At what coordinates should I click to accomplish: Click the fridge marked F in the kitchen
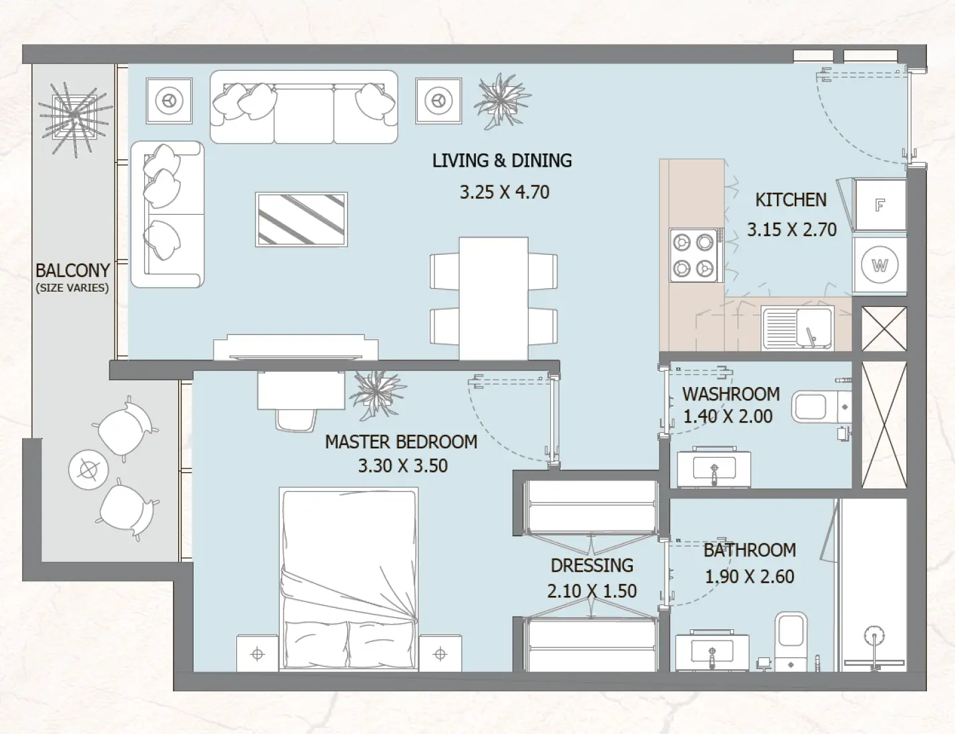tap(880, 206)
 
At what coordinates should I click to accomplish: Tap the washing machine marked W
tap(880, 266)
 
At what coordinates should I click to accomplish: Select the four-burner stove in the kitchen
tap(693, 255)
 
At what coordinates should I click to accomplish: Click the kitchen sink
tap(797, 328)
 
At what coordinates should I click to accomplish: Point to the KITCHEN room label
tap(790, 200)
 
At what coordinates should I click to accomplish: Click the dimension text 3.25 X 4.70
tap(504, 192)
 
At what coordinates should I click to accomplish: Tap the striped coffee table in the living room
tap(302, 219)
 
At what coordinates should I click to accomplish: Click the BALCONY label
tap(72, 270)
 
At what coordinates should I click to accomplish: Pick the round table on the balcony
tap(88, 470)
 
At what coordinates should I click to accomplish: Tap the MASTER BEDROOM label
tap(400, 442)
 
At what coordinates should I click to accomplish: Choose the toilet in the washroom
tap(820, 407)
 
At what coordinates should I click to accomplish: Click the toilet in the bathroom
tap(791, 637)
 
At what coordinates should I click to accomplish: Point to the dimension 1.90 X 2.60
tap(749, 577)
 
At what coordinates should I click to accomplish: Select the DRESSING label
tap(591, 565)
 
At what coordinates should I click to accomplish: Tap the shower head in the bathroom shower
tap(874, 636)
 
